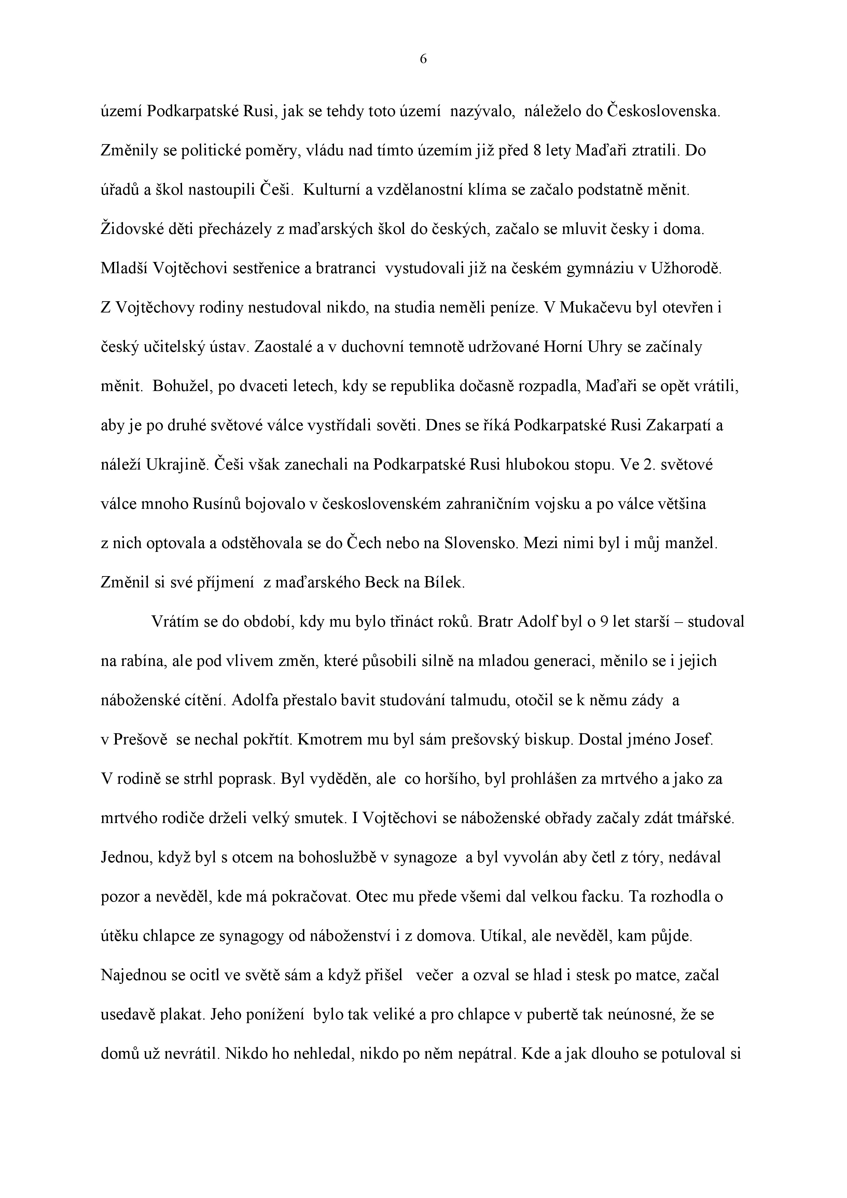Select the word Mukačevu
(x=595, y=308)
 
